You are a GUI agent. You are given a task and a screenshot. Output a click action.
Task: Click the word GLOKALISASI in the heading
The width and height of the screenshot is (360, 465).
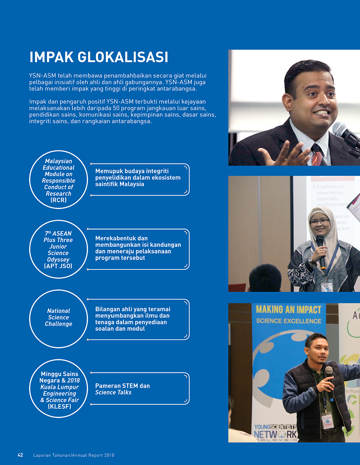pos(123,57)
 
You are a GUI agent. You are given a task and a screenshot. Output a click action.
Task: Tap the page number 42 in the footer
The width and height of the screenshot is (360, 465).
pos(21,455)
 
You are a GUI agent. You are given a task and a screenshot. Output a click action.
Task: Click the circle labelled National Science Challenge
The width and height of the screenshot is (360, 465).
pos(58,319)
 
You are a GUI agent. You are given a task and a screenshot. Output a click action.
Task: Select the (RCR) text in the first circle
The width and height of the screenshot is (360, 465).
pos(58,200)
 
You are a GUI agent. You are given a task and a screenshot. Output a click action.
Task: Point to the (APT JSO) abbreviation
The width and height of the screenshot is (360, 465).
pos(58,266)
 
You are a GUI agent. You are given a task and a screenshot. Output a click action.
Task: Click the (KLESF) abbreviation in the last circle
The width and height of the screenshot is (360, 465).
pos(59,406)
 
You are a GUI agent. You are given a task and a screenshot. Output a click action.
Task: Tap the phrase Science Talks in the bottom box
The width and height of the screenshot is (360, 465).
pos(113,392)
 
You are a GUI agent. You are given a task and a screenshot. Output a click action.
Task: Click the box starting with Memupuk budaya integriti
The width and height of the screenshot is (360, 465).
pos(140,179)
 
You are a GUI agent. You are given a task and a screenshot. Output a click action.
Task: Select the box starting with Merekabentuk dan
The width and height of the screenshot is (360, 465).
pos(138,249)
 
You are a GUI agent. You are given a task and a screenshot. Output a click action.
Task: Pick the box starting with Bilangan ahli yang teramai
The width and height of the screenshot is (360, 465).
pos(138,319)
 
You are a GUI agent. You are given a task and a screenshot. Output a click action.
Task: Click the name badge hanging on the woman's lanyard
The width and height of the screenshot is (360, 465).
pos(327,286)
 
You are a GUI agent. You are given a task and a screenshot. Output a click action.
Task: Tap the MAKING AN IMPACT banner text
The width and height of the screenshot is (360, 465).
pos(288,310)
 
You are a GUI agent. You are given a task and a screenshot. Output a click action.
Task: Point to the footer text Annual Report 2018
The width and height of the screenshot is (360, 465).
pos(93,455)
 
